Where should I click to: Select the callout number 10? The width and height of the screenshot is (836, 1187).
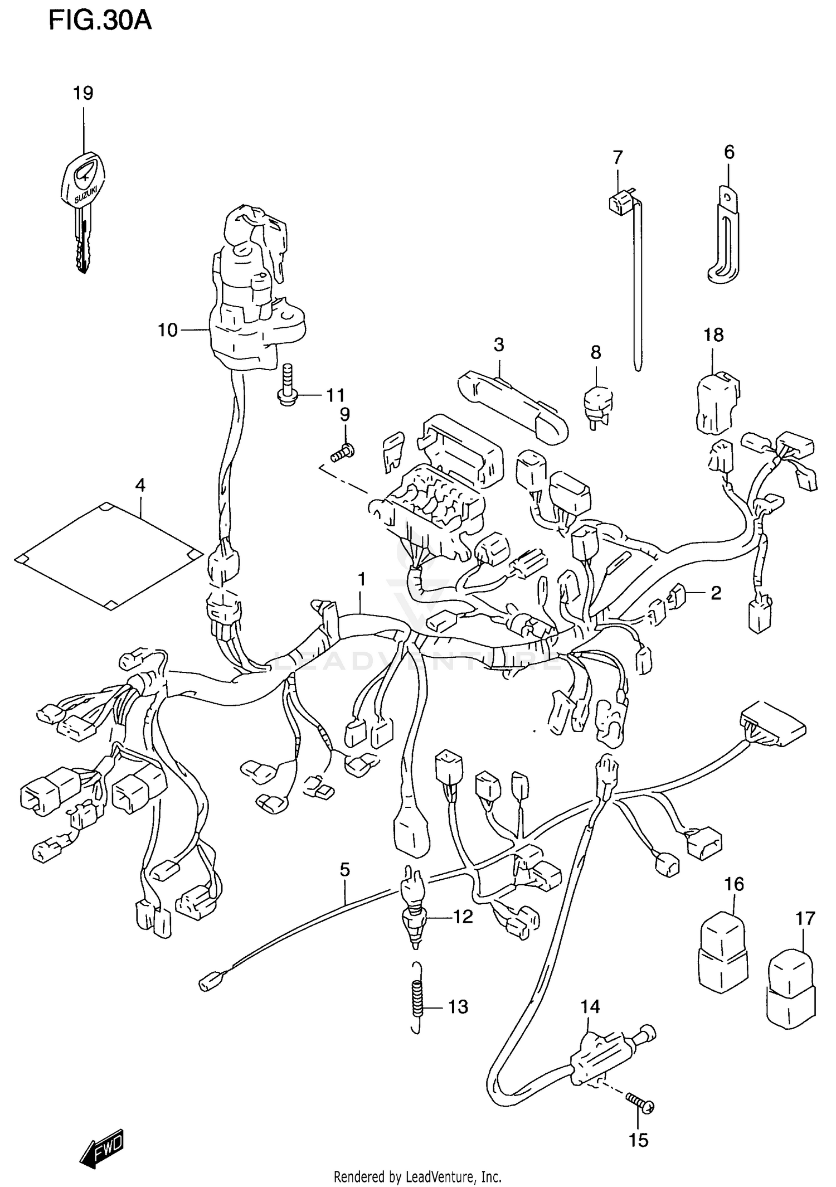167,330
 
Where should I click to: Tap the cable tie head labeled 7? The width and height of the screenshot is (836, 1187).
620,203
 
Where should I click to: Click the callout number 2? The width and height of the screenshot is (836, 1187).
716,593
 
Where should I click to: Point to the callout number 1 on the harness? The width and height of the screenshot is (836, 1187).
362,580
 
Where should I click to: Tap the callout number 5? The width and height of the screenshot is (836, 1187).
344,869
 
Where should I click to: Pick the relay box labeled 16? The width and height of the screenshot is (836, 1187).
722,955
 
